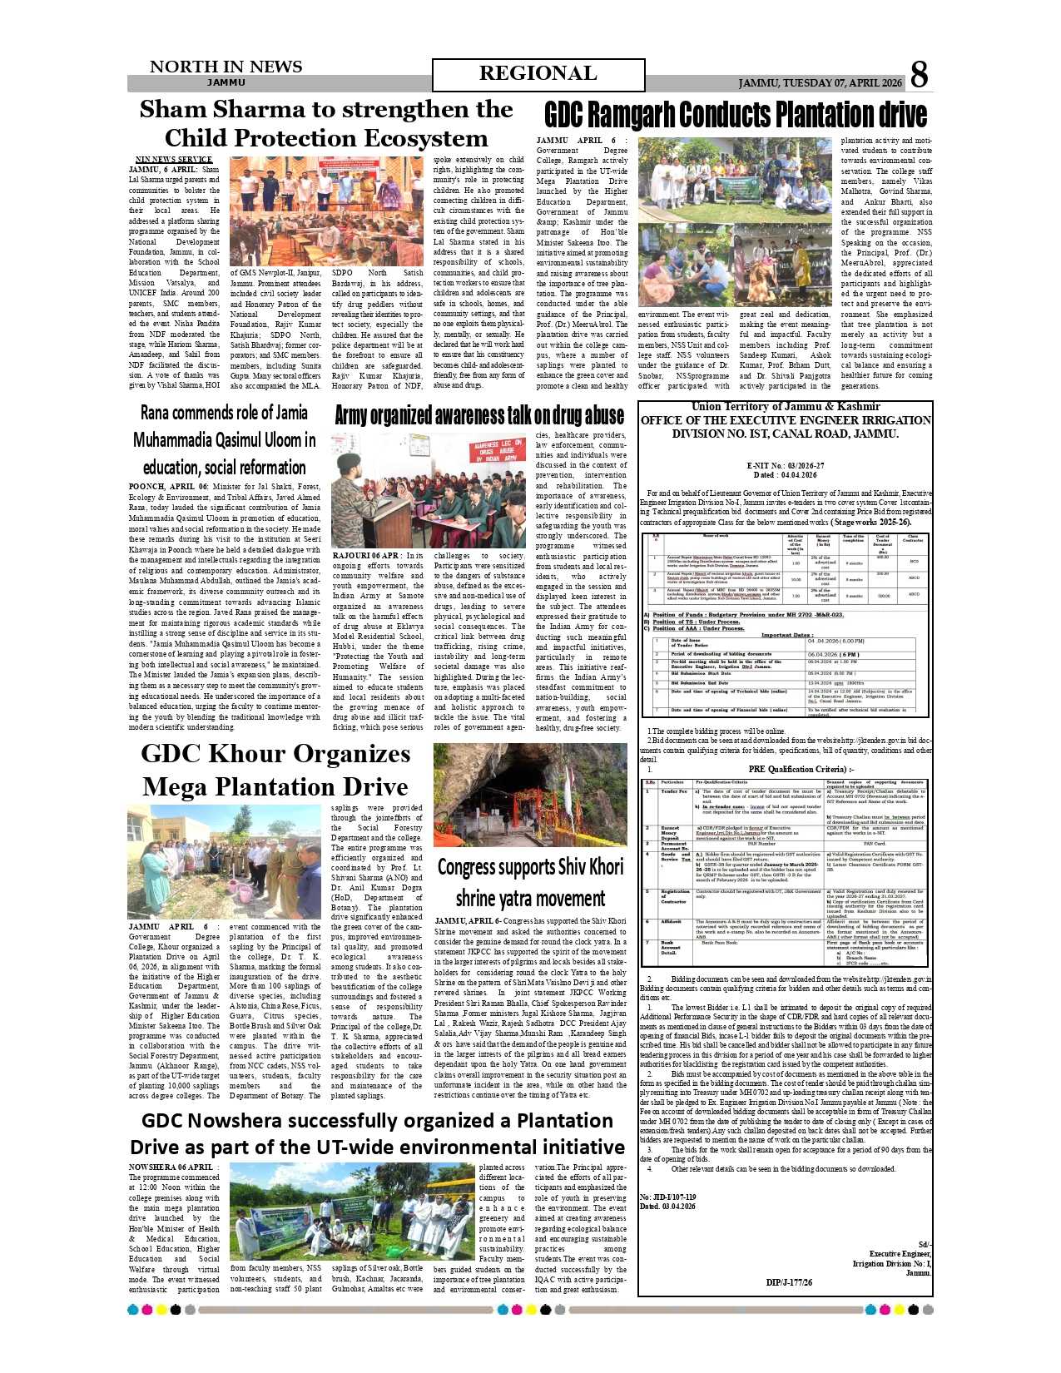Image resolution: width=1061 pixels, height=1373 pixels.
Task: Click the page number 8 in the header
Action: point(919,75)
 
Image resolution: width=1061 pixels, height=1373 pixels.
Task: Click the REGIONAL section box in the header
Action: point(538,74)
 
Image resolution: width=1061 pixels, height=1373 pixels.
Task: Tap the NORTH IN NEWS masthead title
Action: point(226,67)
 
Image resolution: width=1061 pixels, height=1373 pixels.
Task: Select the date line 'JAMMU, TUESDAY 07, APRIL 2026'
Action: point(820,83)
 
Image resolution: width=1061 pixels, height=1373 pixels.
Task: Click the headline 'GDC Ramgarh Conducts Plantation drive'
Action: point(735,115)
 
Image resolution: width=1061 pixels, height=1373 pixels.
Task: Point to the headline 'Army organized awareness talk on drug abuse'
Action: point(478,415)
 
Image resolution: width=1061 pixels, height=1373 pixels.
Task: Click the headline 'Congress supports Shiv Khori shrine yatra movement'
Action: point(530,882)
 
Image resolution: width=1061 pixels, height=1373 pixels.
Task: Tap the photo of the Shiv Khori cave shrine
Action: point(530,795)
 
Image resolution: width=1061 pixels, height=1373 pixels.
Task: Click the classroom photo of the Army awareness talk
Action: point(429,490)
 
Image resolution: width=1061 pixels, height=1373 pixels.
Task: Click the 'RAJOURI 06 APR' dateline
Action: point(366,556)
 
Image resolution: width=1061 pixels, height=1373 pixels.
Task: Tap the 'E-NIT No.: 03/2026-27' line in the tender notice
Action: point(785,466)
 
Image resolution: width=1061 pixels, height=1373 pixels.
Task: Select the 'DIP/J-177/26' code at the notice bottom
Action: point(788,1282)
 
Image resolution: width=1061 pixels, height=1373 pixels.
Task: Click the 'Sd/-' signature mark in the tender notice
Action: point(924,1244)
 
